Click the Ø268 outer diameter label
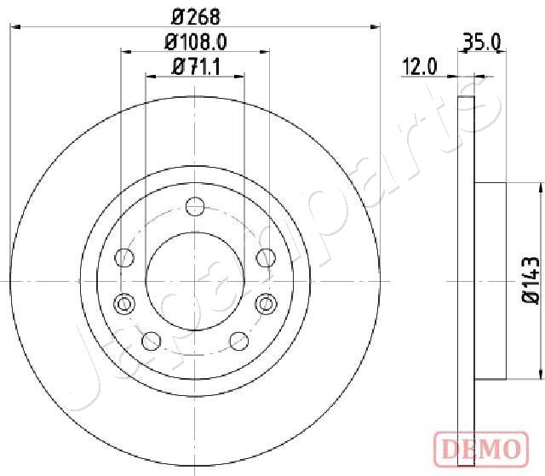[x=196, y=17]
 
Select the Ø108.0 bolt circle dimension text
[x=196, y=42]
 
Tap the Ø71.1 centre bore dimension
[x=196, y=66]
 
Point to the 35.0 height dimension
[x=483, y=42]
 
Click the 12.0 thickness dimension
[x=419, y=66]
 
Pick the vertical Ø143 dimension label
[x=531, y=280]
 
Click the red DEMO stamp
[x=481, y=449]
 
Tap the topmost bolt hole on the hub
[x=195, y=206]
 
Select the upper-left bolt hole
[x=124, y=258]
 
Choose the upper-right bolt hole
[x=266, y=258]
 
